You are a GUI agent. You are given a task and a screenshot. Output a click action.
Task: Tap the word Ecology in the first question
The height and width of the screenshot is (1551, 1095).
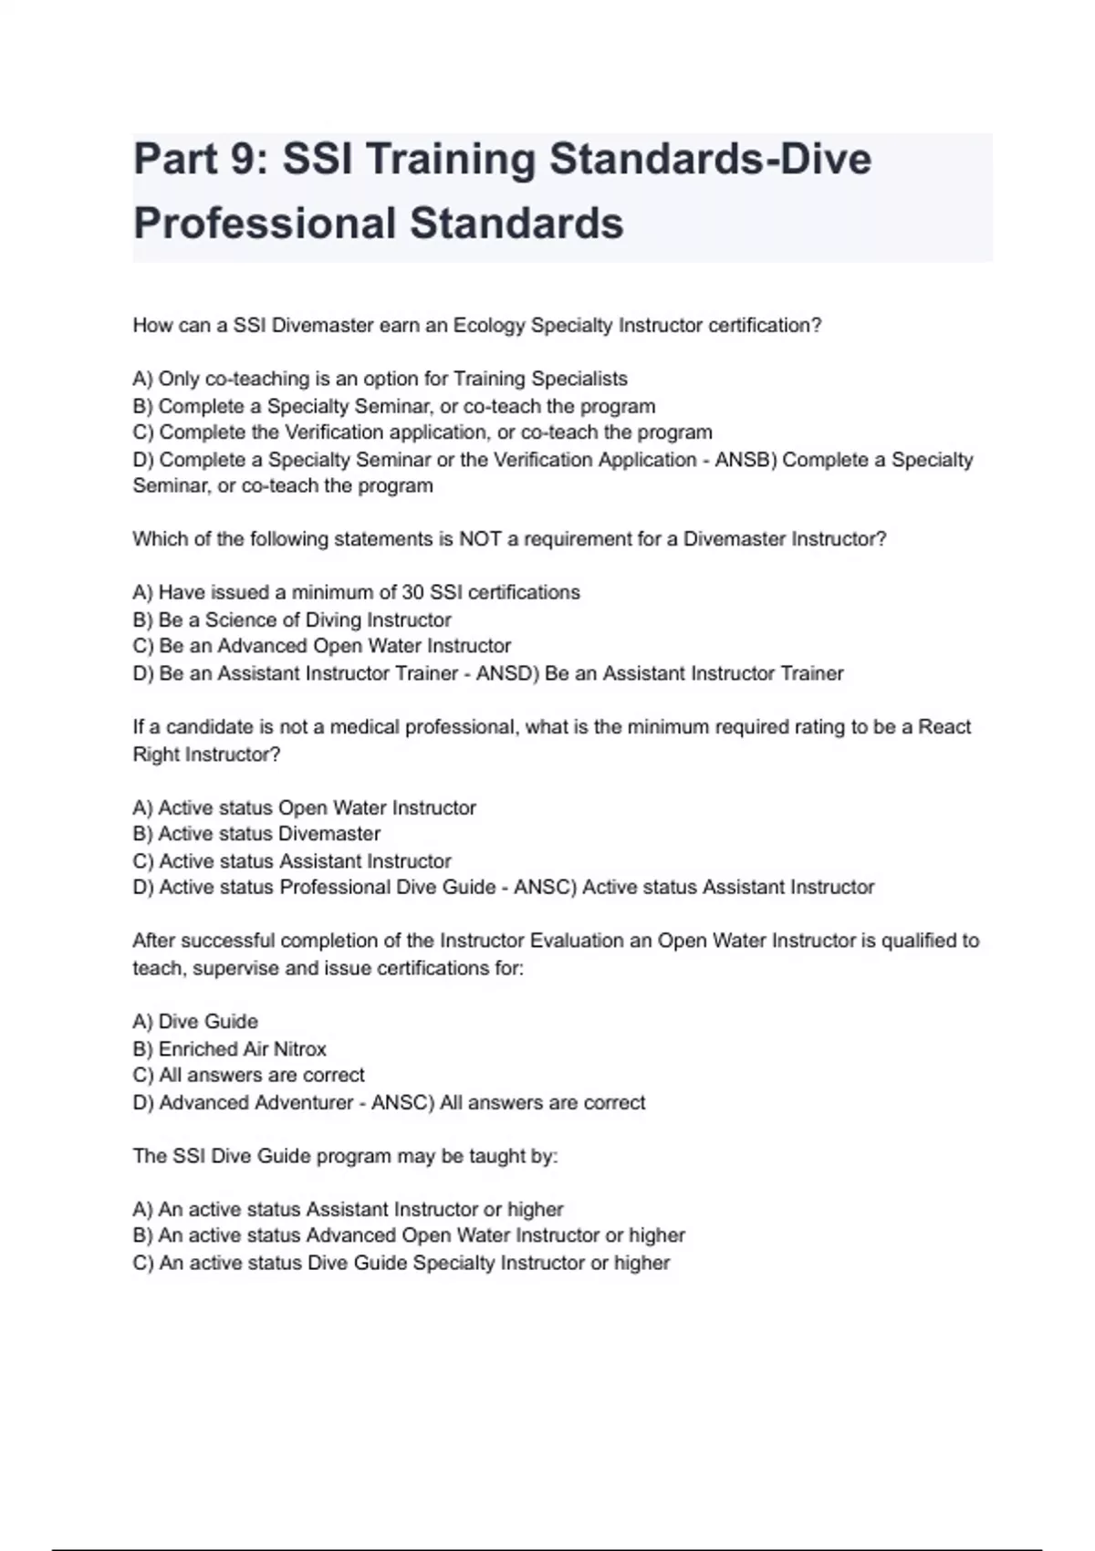489,326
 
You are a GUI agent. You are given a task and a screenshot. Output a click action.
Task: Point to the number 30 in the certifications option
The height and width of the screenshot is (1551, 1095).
412,592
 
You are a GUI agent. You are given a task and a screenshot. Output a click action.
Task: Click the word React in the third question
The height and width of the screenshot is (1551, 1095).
944,727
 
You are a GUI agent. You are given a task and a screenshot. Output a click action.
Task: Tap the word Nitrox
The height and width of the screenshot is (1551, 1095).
299,1049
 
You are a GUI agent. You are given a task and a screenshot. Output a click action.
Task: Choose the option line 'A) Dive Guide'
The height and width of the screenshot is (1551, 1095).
195,1022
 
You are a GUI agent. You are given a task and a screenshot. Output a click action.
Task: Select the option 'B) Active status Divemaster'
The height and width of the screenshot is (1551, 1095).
256,834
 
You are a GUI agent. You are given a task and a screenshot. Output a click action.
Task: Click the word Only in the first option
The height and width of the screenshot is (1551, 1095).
179,379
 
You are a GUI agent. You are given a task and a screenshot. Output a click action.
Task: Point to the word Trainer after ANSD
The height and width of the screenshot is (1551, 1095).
811,673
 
